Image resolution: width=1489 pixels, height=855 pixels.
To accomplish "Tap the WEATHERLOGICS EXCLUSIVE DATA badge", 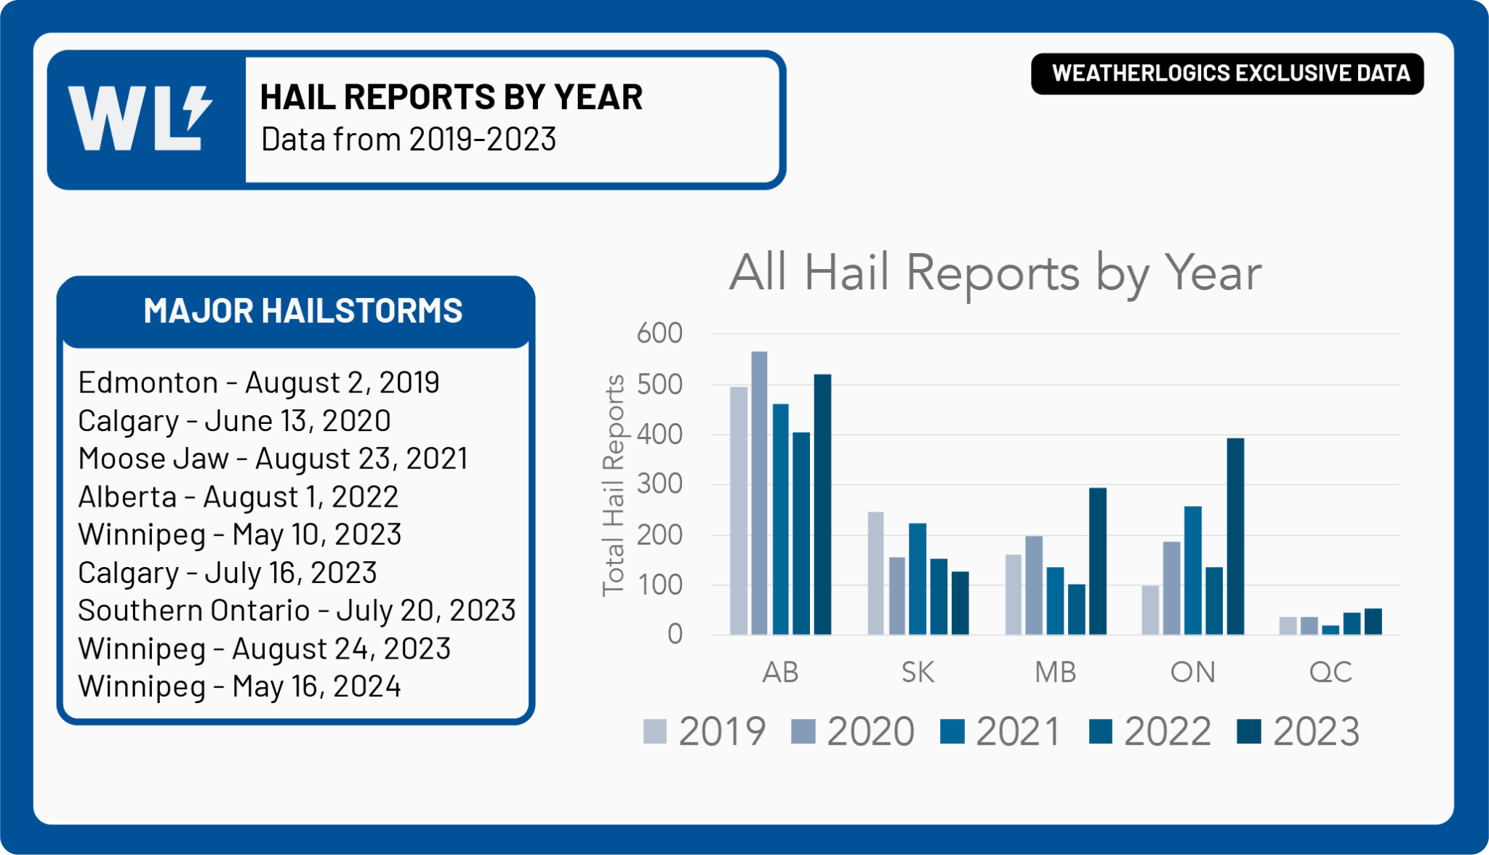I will coord(1227,73).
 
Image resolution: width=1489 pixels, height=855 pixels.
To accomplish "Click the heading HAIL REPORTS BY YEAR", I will coord(451,97).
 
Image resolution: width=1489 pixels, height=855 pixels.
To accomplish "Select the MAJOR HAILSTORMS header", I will coord(302,310).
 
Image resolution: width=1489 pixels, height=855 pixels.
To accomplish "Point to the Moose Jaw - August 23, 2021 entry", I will coord(273,459).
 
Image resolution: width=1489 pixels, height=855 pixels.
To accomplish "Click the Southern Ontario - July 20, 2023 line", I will coord(297,611).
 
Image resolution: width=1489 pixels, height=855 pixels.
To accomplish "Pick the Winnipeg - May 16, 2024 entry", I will coord(239,686).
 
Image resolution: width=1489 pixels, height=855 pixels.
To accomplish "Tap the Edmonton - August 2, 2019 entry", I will coord(258,382).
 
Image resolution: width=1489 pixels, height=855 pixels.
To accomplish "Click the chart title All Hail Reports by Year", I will coord(995,273).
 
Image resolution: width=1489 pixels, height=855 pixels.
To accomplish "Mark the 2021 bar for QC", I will coord(1331,630).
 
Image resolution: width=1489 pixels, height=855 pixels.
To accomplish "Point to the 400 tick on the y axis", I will coord(659,435).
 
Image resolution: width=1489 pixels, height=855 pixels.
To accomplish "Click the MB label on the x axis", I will coord(1055,673).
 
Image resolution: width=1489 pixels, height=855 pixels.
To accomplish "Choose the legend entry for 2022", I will coord(1150,731).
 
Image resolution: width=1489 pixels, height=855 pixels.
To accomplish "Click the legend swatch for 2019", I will coord(655,731).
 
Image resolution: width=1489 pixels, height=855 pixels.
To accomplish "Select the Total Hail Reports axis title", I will coord(614,486).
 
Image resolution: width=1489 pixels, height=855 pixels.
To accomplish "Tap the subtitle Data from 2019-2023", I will coord(408,140).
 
